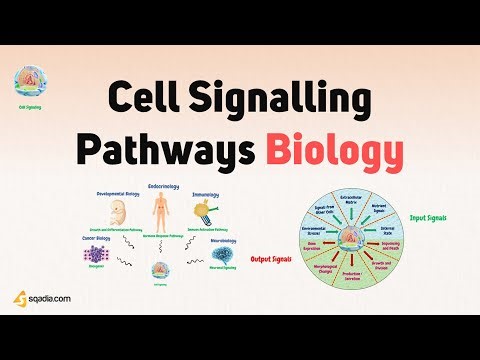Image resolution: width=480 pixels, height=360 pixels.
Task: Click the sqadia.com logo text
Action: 45,297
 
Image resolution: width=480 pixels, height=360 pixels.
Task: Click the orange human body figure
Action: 159,211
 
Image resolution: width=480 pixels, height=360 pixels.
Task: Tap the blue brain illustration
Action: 222,261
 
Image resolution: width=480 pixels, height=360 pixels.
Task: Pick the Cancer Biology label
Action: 82,239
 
